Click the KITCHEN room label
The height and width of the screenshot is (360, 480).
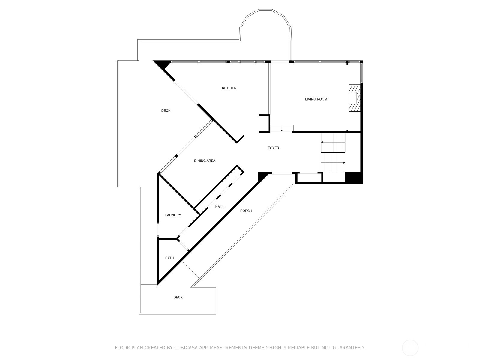229,88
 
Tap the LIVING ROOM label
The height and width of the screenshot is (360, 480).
316,99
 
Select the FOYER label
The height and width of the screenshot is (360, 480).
273,148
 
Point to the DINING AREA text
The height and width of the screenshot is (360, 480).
205,161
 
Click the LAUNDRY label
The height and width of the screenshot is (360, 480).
173,215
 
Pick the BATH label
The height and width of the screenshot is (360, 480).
169,258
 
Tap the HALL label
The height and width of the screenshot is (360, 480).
219,207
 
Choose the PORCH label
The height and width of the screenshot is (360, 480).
246,211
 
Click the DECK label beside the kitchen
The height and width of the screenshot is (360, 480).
166,111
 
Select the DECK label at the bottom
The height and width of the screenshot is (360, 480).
178,297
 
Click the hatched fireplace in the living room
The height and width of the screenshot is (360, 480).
354,98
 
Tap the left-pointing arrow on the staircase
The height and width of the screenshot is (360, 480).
322,142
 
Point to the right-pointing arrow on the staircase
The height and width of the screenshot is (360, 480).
344,163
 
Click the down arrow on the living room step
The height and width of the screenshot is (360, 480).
282,130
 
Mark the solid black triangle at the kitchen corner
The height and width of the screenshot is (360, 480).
161,64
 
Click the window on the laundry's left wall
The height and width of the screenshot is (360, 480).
157,230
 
